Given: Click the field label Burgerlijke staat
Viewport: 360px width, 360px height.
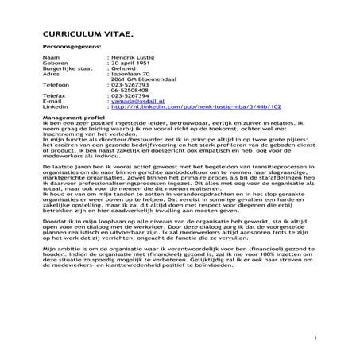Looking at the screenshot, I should (x=64, y=72).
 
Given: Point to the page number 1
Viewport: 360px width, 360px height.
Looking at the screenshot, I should (x=315, y=339).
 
